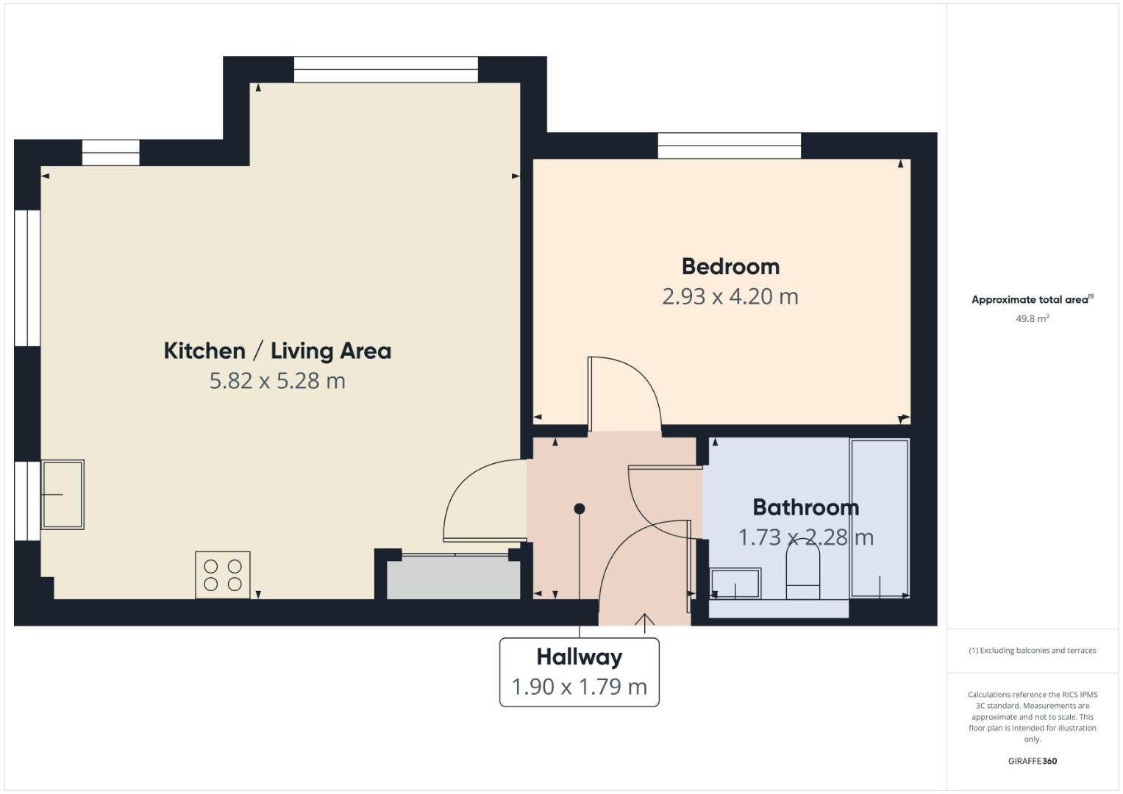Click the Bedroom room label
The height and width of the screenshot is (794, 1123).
coord(730,266)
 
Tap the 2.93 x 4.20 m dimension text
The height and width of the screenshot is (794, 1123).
coord(730,296)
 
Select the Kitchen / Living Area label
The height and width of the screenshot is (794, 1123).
coord(277,351)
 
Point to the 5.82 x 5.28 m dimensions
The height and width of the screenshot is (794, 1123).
coord(277,381)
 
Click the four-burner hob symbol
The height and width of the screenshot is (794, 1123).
coord(223,575)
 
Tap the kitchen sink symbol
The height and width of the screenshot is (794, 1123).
coord(63,495)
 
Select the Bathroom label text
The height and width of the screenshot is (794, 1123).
coord(805,507)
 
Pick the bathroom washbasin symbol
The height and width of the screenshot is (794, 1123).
coord(735,584)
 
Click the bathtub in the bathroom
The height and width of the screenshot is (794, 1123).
coord(880,518)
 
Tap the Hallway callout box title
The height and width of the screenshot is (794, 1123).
coord(579,657)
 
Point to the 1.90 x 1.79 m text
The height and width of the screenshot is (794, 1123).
coord(579,687)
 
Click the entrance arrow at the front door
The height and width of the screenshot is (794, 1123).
coord(645,622)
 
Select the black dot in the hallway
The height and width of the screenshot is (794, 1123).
coord(580,509)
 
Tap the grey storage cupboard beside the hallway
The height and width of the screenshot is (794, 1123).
coord(453,579)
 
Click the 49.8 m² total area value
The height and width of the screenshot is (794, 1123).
coord(1032,318)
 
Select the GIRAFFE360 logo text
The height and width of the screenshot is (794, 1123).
coord(1032,761)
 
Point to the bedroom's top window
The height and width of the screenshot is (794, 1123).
coord(729,146)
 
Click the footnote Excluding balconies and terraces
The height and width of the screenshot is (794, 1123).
coord(1032,651)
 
